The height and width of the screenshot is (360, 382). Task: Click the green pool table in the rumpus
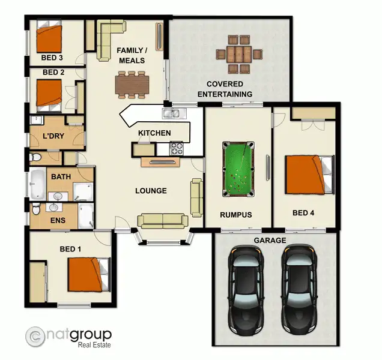click(238, 168)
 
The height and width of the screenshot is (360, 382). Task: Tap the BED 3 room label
click(52, 58)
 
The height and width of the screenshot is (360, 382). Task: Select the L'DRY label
click(53, 136)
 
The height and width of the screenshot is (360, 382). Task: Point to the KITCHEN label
click(154, 133)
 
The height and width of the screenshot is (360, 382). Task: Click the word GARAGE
click(270, 241)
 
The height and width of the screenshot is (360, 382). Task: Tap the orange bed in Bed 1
click(86, 274)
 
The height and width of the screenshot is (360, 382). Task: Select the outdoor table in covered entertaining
click(240, 52)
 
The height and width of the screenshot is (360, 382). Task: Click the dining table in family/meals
click(131, 84)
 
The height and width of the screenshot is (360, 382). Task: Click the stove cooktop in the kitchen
click(176, 148)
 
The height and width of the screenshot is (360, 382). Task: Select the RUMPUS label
click(236, 214)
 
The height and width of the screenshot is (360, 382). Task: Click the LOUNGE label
click(151, 191)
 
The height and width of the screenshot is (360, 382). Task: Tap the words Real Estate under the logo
click(94, 345)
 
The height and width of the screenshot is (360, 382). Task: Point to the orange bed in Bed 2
click(49, 93)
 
